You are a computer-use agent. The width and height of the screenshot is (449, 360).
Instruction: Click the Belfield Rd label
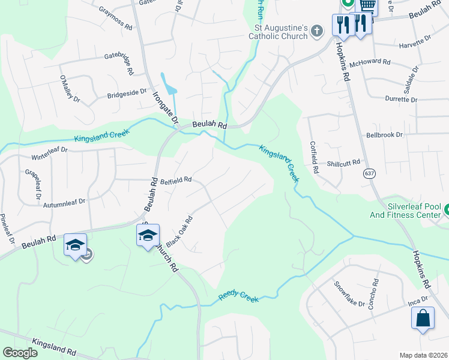coord(175,179)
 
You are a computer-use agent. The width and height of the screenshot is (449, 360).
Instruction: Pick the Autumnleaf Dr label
coord(65,204)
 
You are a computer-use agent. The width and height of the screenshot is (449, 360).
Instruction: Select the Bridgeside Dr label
coord(127,94)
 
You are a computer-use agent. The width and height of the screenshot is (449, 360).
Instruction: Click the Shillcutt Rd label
coord(343,163)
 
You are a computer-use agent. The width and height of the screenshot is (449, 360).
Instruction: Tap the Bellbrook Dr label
coord(384,135)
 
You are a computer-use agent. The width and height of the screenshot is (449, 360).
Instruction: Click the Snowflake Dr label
coord(349,294)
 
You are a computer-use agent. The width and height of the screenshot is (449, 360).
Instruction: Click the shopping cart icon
coord(367,6)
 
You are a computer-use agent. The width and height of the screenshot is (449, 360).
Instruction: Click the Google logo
coord(20,353)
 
